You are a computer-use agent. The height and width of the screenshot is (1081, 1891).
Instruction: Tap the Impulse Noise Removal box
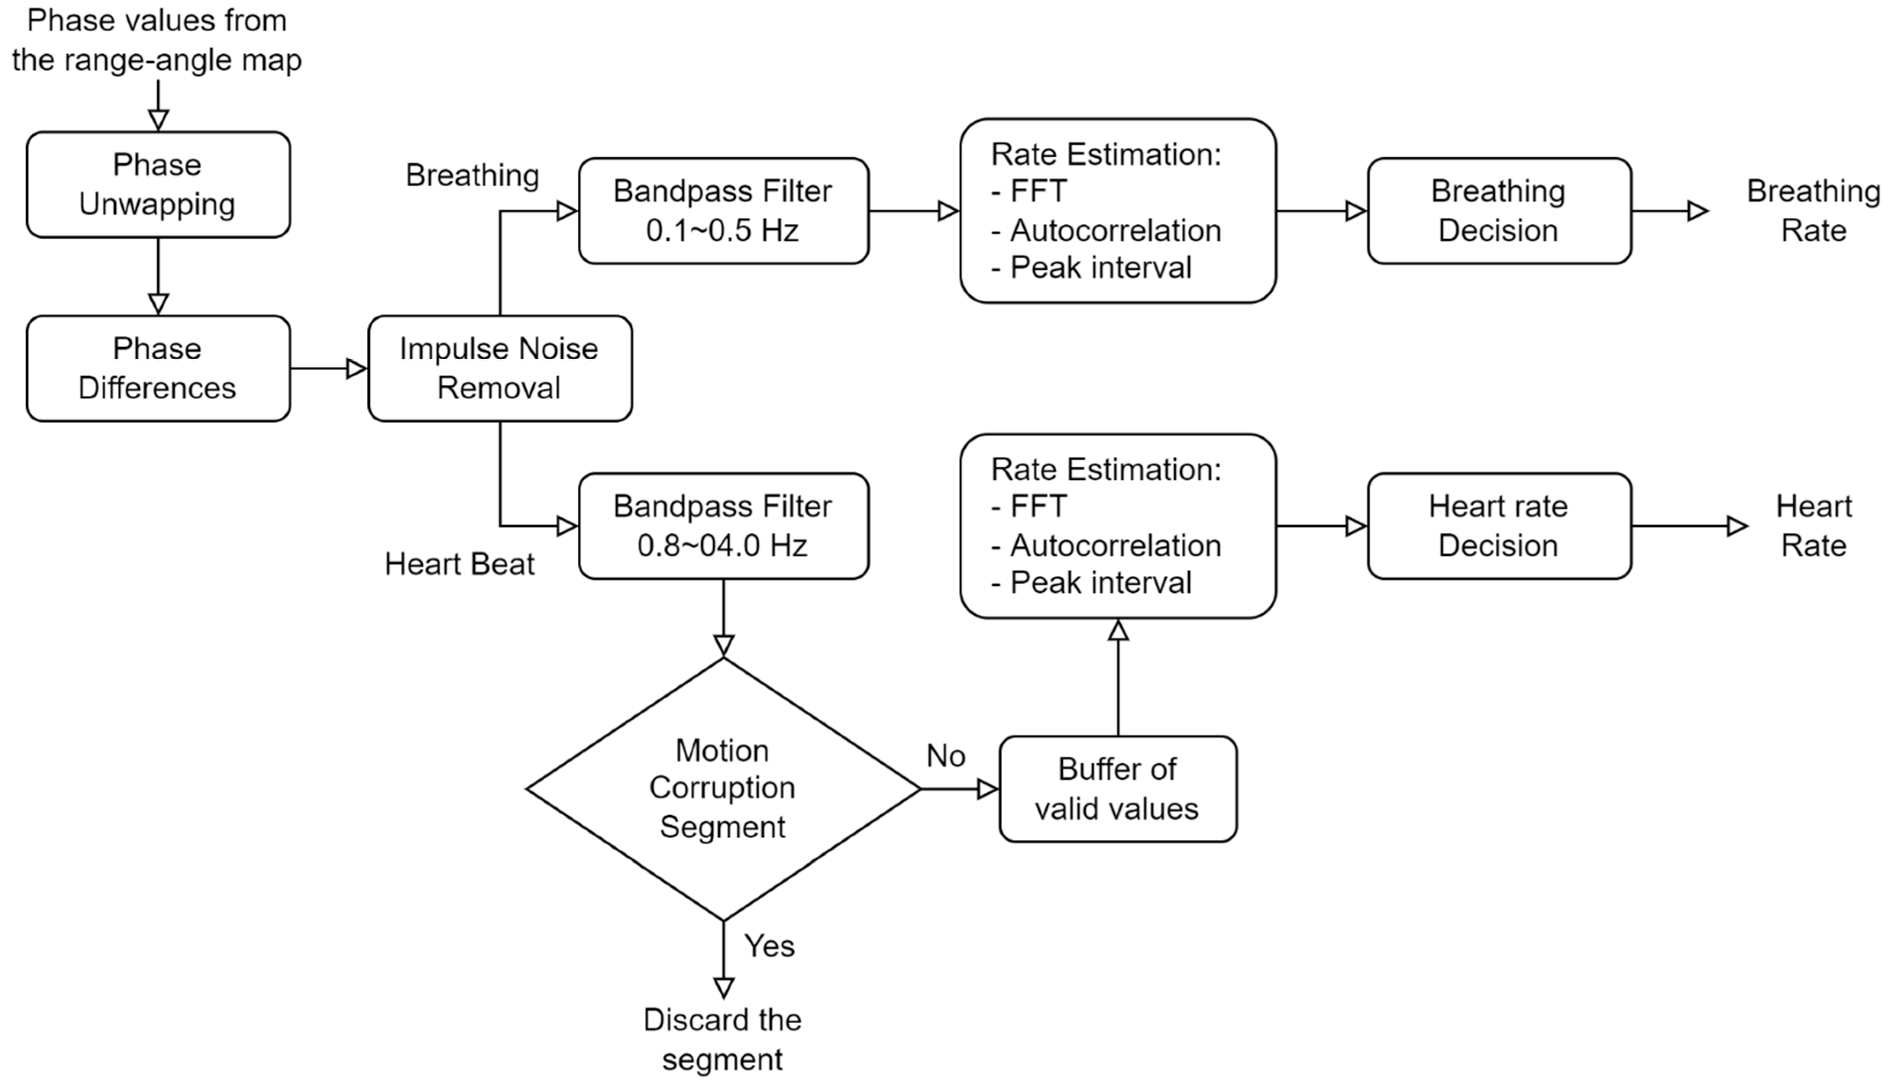pos(500,368)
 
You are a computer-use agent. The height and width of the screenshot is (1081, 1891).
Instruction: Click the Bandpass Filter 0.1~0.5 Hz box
pos(723,211)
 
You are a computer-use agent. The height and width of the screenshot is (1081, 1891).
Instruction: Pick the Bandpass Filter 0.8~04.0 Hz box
pos(723,526)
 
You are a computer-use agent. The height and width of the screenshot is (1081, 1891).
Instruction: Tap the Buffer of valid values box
pos(1117,788)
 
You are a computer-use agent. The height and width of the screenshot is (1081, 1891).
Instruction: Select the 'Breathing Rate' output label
pos(1813,211)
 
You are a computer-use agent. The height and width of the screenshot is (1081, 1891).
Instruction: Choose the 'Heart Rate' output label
pos(1813,526)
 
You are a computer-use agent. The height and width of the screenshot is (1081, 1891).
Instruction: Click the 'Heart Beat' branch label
pos(459,564)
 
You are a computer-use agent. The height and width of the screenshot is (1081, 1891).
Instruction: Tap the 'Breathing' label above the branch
pos(472,176)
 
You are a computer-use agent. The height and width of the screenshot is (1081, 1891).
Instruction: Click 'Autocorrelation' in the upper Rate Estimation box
pos(1115,230)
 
